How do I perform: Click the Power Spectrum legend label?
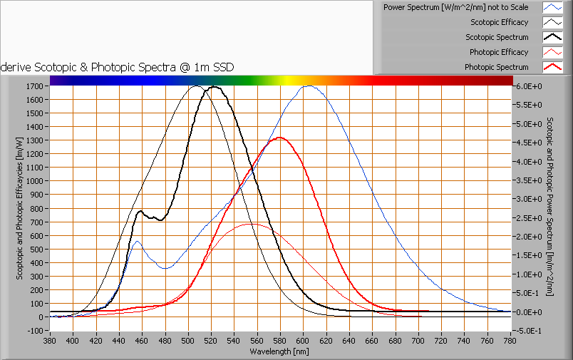pos(456,7)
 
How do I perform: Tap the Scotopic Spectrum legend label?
pos(497,37)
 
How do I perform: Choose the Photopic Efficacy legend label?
pos(499,52)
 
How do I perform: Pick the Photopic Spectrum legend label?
pos(497,67)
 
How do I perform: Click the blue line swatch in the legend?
pos(552,7)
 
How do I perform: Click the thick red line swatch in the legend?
pos(552,67)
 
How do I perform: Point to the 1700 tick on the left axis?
pos(35,86)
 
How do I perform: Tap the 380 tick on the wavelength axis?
pos(50,341)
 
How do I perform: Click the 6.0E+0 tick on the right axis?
pos(528,86)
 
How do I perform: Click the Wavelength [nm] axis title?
pos(279,351)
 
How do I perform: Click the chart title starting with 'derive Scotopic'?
pos(118,67)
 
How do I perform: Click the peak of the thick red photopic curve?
pos(279,138)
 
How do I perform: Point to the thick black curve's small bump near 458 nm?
pos(140,211)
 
